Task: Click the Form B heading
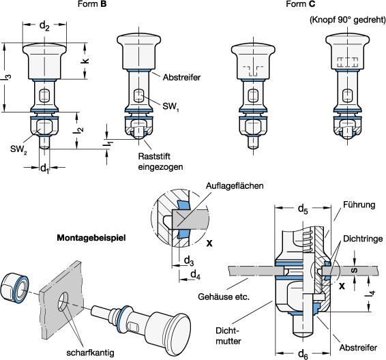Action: [x=92, y=4]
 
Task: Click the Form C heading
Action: [x=300, y=4]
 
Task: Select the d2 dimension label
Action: [x=44, y=26]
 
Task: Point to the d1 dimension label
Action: [x=44, y=168]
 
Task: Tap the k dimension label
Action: [x=85, y=61]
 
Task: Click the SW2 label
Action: [x=18, y=149]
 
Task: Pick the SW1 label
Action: [x=170, y=107]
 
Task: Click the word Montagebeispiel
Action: [x=91, y=238]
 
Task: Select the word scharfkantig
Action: [x=90, y=353]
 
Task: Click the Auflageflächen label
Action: [x=235, y=185]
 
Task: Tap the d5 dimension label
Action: [x=303, y=209]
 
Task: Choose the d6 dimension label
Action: [x=303, y=355]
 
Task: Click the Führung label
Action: [x=359, y=205]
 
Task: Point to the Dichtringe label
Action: [x=363, y=239]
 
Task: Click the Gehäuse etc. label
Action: [x=224, y=297]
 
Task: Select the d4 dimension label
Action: [x=196, y=274]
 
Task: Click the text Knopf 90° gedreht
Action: [x=348, y=20]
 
